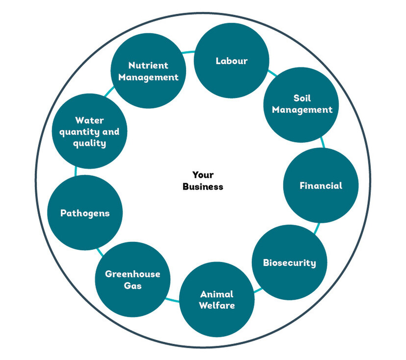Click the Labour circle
pyautogui.click(x=232, y=61)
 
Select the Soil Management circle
pyautogui.click(x=302, y=104)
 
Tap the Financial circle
pyautogui.click(x=321, y=186)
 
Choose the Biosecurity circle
pyautogui.click(x=289, y=263)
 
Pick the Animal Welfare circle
pyautogui.click(x=217, y=300)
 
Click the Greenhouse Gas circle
pyautogui.click(x=132, y=279)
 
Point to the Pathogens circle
pyautogui.click(x=85, y=213)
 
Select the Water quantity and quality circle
pyautogui.click(x=90, y=131)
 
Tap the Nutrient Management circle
pyautogui.click(x=148, y=71)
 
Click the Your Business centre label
pyautogui.click(x=203, y=180)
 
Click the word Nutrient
pyautogui.click(x=148, y=65)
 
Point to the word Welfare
pyautogui.click(x=217, y=306)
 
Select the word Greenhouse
pyautogui.click(x=132, y=274)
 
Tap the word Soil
pyautogui.click(x=302, y=98)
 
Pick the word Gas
pyautogui.click(x=132, y=285)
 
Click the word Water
pyautogui.click(x=90, y=120)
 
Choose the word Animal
pyautogui.click(x=217, y=294)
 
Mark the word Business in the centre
pyautogui.click(x=203, y=186)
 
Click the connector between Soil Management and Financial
pyautogui.click(x=322, y=143)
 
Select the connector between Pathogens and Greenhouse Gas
pyautogui.click(x=100, y=251)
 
